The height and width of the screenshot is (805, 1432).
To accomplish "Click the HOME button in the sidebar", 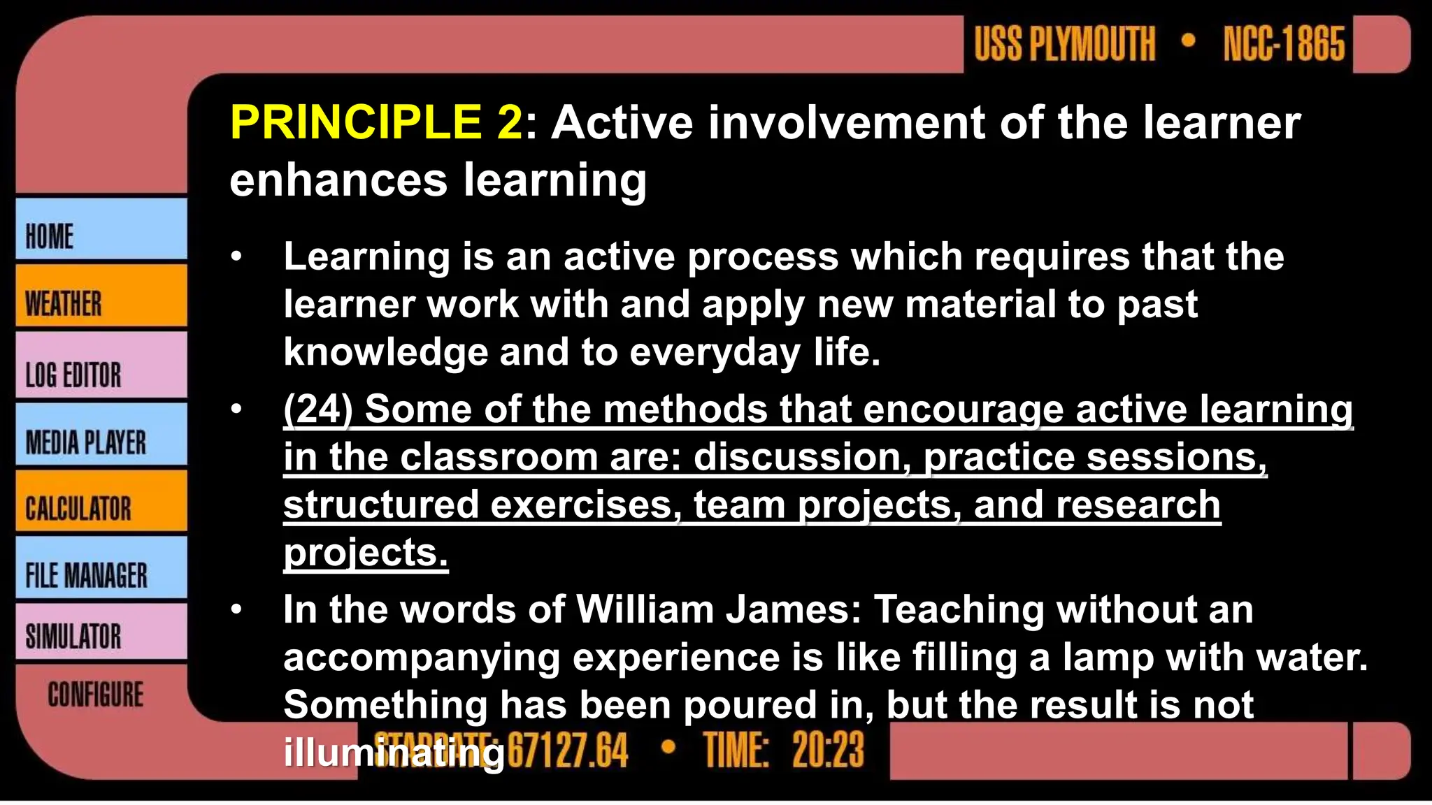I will tap(101, 229).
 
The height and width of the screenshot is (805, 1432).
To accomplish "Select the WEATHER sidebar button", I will tap(101, 296).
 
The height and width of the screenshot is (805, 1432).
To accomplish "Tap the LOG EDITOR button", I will tap(101, 365).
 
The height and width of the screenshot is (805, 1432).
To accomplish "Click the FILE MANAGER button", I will tap(101, 568).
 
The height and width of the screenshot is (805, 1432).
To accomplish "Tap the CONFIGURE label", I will tap(96, 695).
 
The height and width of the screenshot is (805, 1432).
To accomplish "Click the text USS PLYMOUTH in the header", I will tap(1065, 44).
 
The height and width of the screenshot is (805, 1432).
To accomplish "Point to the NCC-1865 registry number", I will tap(1284, 44).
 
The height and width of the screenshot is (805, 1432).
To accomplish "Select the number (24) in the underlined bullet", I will tap(318, 409).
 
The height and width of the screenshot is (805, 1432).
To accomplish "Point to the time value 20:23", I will tap(829, 750).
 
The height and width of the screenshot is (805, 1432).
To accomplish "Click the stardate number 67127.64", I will tap(568, 750).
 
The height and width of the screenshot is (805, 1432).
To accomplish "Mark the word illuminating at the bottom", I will tap(394, 753).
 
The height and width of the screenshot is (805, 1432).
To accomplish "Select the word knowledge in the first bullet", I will tap(385, 351).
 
